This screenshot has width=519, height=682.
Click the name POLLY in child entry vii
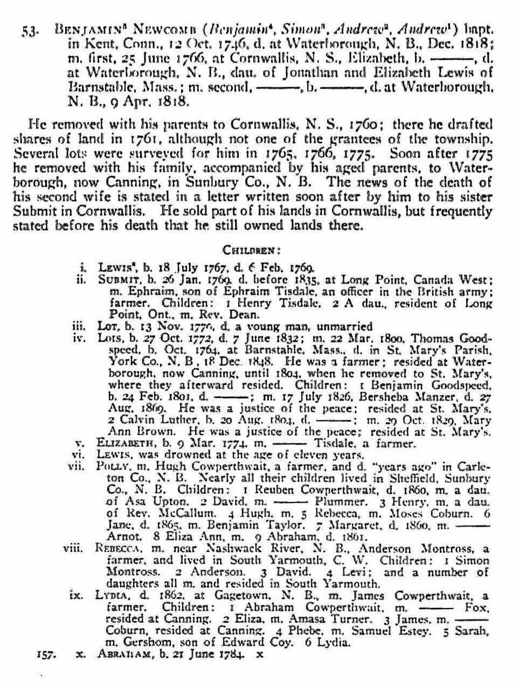(x=112, y=466)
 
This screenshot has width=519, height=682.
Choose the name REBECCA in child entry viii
(x=117, y=549)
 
